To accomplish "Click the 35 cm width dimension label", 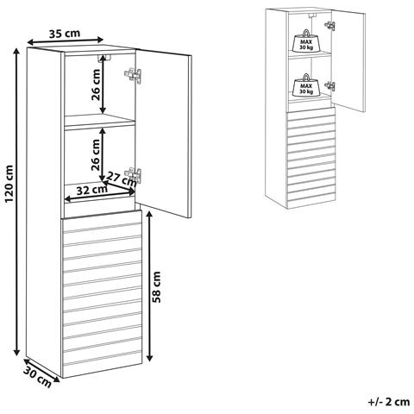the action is pyautogui.click(x=65, y=34).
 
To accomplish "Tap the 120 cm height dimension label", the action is pyautogui.click(x=9, y=184).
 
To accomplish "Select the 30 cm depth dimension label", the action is pyautogui.click(x=37, y=377).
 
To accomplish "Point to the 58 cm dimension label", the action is pyautogui.click(x=157, y=286).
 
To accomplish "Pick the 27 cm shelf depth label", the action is pyautogui.click(x=121, y=179).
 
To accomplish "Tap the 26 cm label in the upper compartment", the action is pyautogui.click(x=96, y=85).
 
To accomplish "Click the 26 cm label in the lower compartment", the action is pyautogui.click(x=96, y=155).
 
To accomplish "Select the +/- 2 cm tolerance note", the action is pyautogui.click(x=389, y=402).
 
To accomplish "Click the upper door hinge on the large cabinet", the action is pyautogui.click(x=133, y=76).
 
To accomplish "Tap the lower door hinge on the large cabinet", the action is pyautogui.click(x=133, y=175).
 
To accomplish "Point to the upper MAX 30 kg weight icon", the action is pyautogui.click(x=306, y=41).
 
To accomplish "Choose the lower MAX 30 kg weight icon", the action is pyautogui.click(x=306, y=85).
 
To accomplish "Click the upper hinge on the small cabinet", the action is pyautogui.click(x=330, y=26).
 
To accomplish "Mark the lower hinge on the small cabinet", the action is pyautogui.click(x=330, y=86).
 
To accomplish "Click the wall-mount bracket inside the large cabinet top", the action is pyautogui.click(x=104, y=58).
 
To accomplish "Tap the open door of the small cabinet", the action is pyautogui.click(x=348, y=60).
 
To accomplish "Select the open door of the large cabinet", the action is pyautogui.click(x=163, y=134).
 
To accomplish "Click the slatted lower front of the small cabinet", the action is pyautogui.click(x=311, y=158).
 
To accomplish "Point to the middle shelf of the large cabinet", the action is pyautogui.click(x=100, y=121).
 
